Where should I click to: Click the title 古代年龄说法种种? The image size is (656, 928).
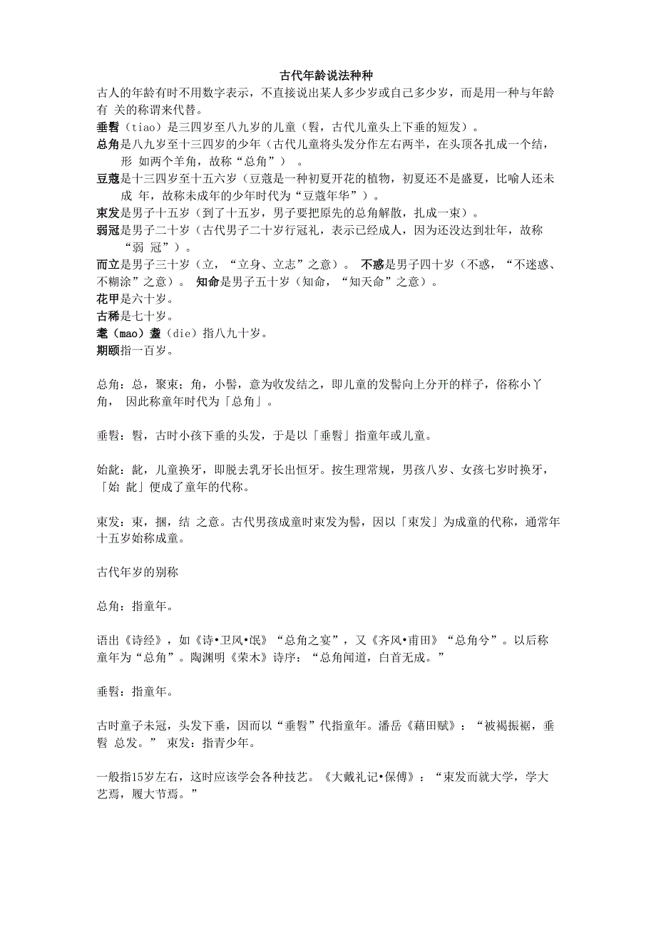pyautogui.click(x=328, y=74)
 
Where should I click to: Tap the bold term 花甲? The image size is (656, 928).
pyautogui.click(x=109, y=299)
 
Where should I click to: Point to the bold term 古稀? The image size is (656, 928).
pyautogui.click(x=109, y=316)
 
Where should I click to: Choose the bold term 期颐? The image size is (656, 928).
pyautogui.click(x=109, y=351)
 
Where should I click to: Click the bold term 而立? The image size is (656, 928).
pyautogui.click(x=109, y=264)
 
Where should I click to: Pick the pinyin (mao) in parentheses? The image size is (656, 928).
pyautogui.click(x=138, y=334)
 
